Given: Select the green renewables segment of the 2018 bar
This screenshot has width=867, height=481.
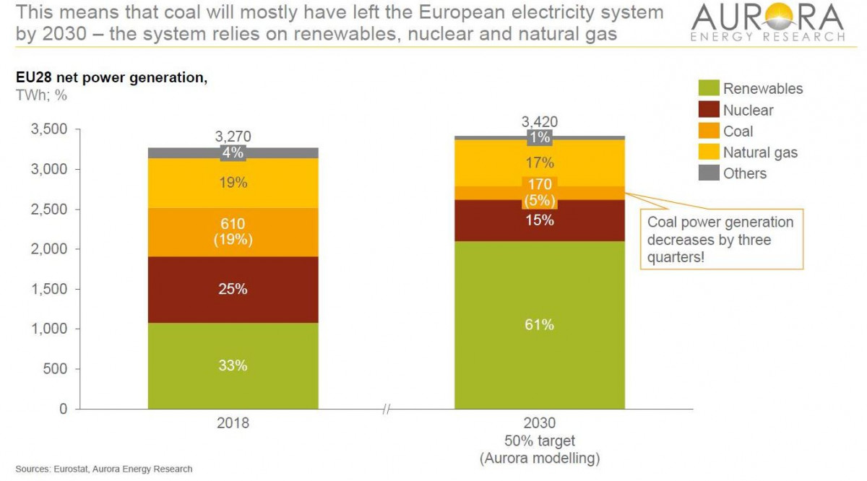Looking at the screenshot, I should click(x=233, y=365).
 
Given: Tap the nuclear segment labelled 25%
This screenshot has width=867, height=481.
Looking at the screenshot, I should click(x=233, y=289).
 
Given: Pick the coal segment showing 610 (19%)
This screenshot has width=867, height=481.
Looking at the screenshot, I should click(x=233, y=233).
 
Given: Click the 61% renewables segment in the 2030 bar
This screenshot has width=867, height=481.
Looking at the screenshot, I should click(x=539, y=325).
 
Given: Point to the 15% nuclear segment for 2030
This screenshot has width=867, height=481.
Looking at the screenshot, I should click(x=539, y=220).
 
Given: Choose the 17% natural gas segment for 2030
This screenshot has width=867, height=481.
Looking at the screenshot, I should click(x=539, y=163).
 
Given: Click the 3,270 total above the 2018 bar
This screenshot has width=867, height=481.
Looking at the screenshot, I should click(x=233, y=136).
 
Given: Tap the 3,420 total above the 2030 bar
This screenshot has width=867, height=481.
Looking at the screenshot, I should click(x=539, y=122).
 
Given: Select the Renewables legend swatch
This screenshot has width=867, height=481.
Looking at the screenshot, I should click(x=709, y=89).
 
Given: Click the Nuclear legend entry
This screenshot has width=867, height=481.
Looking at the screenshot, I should click(x=748, y=110).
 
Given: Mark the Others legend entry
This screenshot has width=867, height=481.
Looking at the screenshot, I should click(x=744, y=173).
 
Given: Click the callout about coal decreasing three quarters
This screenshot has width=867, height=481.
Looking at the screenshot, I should click(x=720, y=239).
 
